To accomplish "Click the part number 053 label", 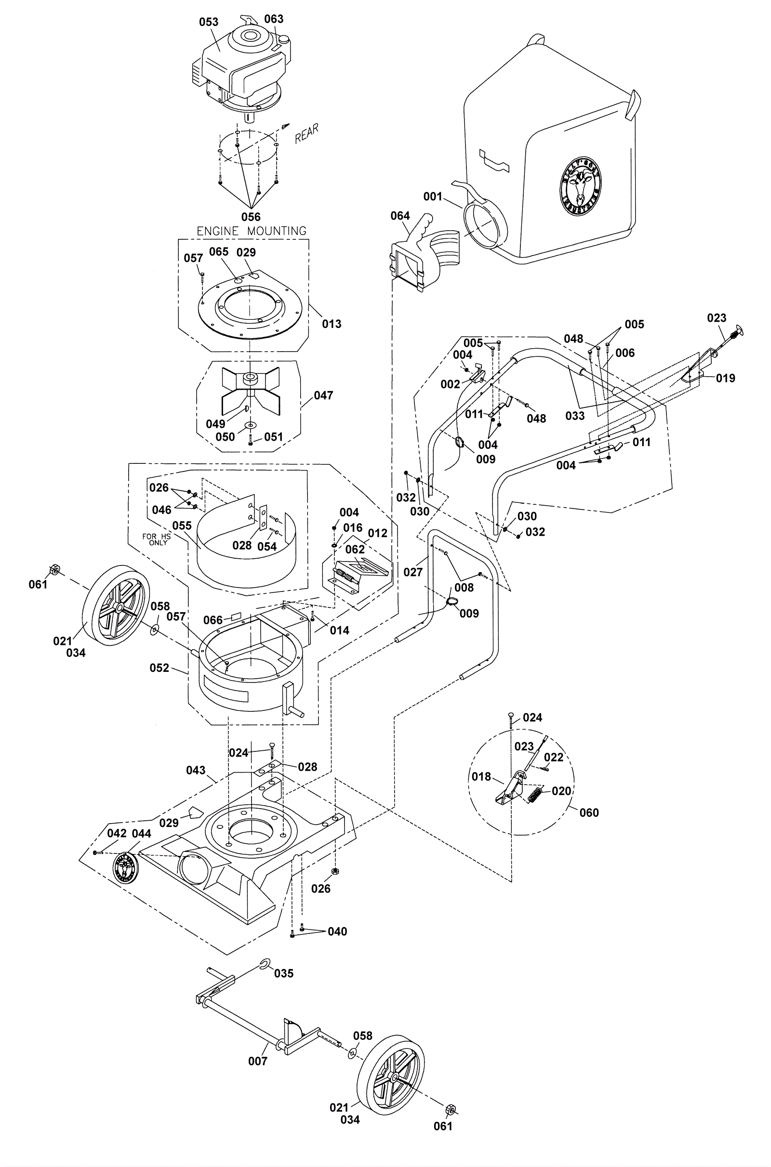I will [x=209, y=22].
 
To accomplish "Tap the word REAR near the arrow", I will [x=307, y=132].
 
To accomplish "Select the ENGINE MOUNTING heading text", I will [x=251, y=231].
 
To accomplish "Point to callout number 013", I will [x=332, y=324].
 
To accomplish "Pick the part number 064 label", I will [x=400, y=216].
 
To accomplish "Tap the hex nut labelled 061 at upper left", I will [x=53, y=570].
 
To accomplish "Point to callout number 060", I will [x=589, y=813].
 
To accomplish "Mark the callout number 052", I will [x=160, y=668].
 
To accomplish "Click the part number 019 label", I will [x=725, y=378].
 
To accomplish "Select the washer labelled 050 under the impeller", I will [x=251, y=424].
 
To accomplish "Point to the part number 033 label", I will [x=575, y=416].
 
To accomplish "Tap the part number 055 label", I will [x=182, y=525].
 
